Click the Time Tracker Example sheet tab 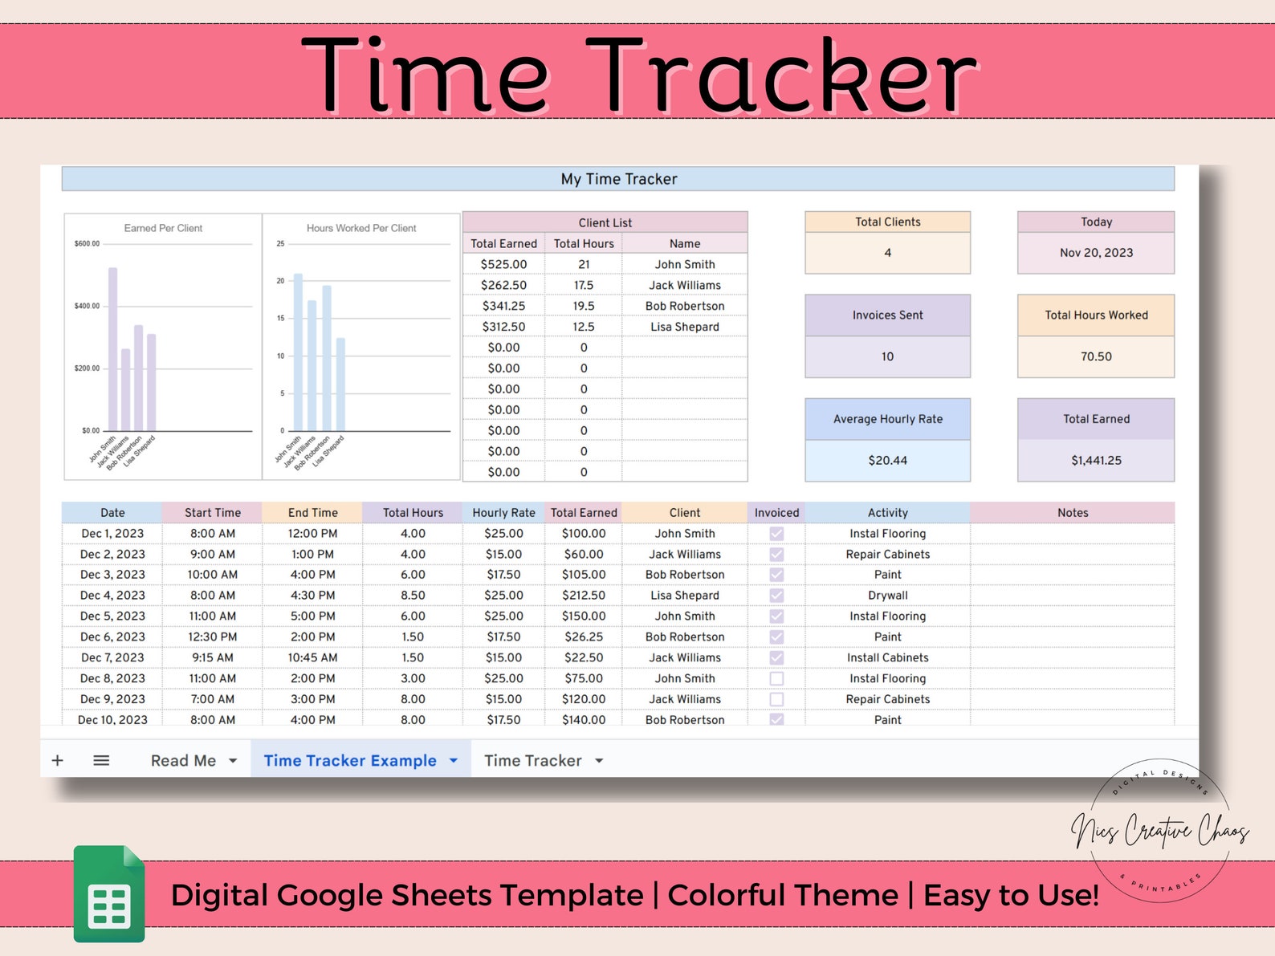(350, 760)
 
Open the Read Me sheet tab (183, 760)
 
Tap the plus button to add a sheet (58, 760)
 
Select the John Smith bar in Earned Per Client (113, 349)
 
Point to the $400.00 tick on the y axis (88, 306)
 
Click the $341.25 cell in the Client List (503, 306)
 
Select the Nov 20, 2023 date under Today (1096, 253)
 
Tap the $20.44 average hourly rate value (887, 460)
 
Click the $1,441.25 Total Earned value (1096, 460)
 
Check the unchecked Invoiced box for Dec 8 (776, 678)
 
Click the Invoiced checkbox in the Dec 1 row (776, 534)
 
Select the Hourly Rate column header (503, 513)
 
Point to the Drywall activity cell (887, 596)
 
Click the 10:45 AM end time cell (313, 657)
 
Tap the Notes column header (1073, 513)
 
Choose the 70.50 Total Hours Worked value (1096, 356)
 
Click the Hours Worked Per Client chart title (361, 228)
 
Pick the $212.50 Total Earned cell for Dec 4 (584, 596)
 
